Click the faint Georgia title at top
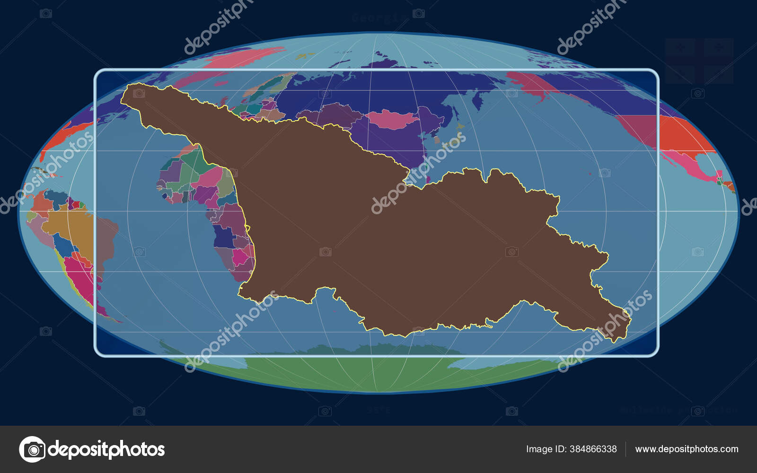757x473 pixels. [x=379, y=18]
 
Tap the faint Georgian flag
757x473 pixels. [x=699, y=61]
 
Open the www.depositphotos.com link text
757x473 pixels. [x=687, y=449]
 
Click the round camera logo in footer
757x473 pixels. [x=32, y=449]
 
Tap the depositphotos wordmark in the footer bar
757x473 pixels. [x=106, y=449]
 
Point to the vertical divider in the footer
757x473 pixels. [x=625, y=449]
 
